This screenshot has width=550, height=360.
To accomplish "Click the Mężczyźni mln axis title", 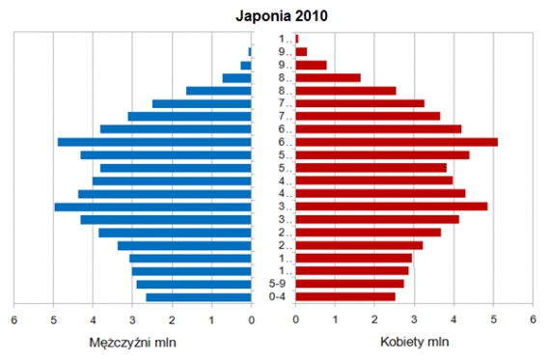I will (x=131, y=342).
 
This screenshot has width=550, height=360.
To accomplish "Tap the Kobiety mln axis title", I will (x=415, y=342).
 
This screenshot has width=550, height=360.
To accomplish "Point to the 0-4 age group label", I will (x=277, y=297).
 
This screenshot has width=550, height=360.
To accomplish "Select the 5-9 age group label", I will (x=277, y=284).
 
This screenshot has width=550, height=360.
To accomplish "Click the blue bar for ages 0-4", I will (x=198, y=297).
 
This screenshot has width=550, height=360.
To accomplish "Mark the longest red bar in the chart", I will (x=396, y=142).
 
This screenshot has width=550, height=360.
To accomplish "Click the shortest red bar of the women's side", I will (x=297, y=39).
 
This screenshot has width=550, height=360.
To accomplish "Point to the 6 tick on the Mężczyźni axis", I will (x=14, y=319).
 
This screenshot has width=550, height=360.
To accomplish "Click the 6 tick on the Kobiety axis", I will (x=533, y=319).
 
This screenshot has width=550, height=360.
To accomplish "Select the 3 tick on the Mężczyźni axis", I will (x=133, y=319).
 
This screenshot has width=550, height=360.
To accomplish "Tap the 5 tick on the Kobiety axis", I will (x=493, y=319).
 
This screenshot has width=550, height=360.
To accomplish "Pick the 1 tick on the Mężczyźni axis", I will (x=212, y=319).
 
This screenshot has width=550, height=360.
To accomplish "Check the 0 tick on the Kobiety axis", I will (x=295, y=319).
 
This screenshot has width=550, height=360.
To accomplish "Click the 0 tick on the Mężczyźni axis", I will (x=252, y=319).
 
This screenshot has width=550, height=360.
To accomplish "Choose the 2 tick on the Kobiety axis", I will (x=374, y=319).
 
